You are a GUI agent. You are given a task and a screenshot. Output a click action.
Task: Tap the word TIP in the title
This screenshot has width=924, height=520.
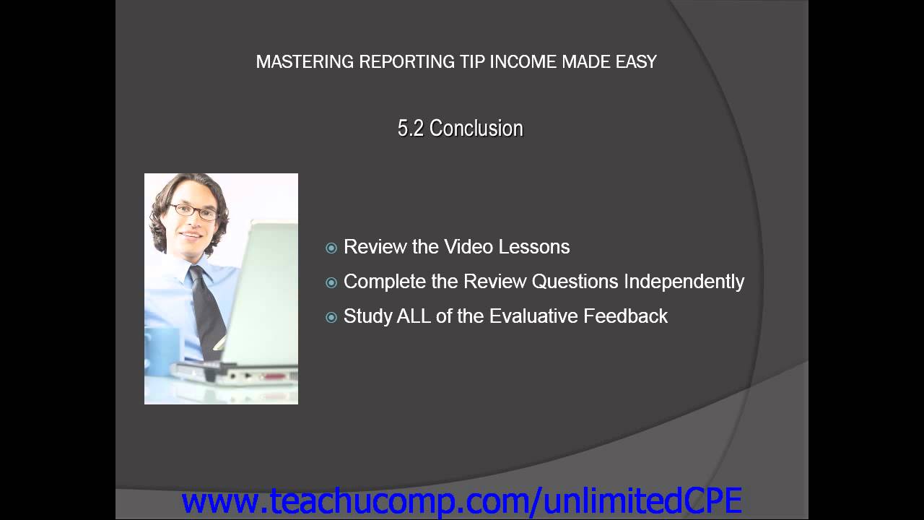point(473,62)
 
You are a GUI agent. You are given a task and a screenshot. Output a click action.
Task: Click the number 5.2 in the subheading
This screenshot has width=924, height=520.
point(410,129)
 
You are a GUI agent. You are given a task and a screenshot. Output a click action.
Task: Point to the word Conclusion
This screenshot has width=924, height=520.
point(476,129)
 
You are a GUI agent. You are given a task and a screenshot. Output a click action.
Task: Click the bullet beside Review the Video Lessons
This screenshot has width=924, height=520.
point(331,248)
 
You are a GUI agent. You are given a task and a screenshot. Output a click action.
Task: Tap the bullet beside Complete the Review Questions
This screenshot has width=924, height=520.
point(331,282)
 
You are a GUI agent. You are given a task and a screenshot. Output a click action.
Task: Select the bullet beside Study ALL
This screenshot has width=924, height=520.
point(331,317)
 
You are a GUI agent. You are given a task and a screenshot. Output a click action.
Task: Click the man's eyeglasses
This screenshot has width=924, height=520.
point(193,212)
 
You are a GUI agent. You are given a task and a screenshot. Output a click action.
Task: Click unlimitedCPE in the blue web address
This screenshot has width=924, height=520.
point(643,501)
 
